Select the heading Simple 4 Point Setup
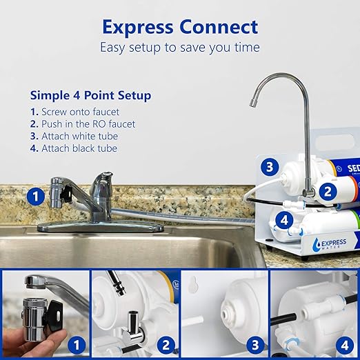(90, 94)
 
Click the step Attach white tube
(79, 136)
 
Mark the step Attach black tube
(79, 148)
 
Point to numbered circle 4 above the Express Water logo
(283, 221)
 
